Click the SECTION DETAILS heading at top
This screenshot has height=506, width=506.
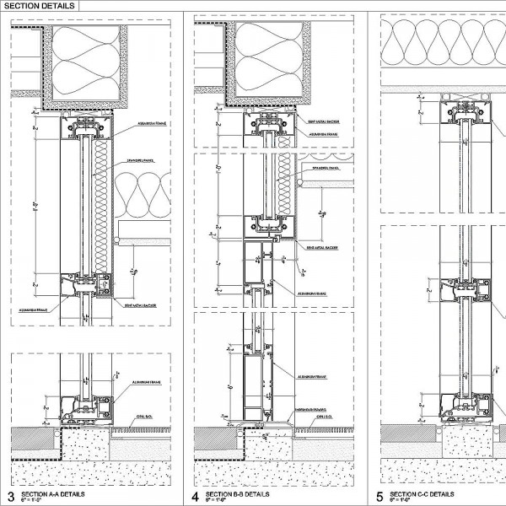click(39, 5)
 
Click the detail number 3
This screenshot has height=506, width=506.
click(11, 496)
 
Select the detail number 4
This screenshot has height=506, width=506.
click(196, 496)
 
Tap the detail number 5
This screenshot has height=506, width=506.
click(380, 496)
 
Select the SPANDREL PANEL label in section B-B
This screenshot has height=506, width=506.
click(326, 168)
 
